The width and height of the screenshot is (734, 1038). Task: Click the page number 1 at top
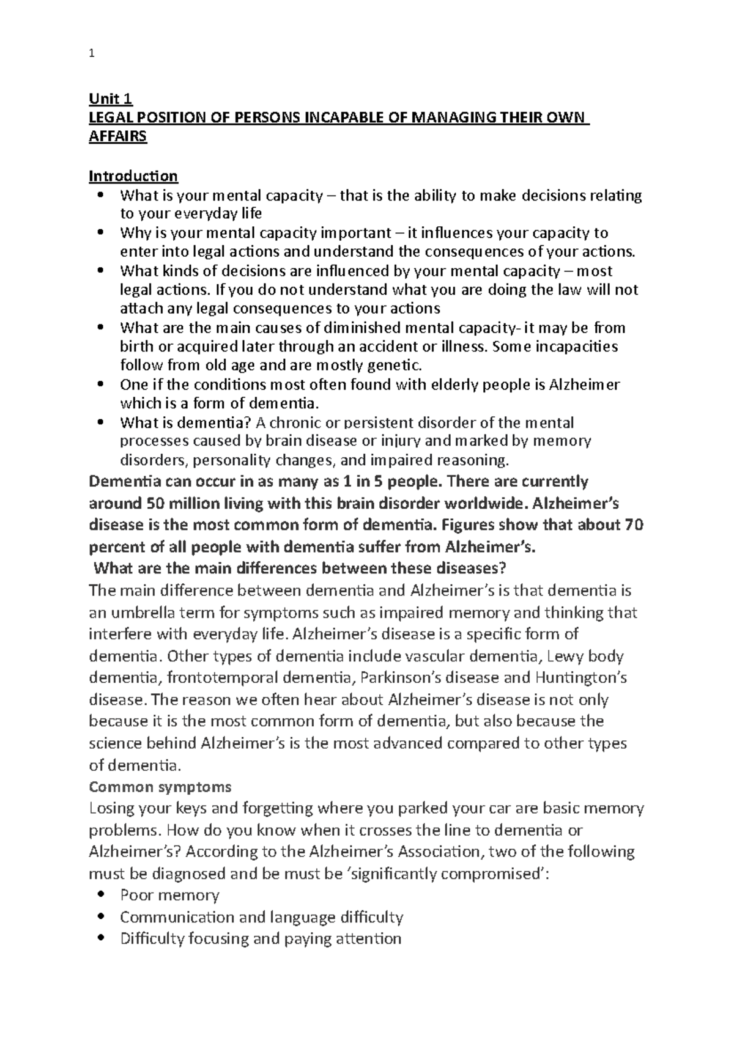[x=92, y=54]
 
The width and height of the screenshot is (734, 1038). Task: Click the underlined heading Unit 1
[x=111, y=98]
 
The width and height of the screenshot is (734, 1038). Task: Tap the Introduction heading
[x=133, y=176]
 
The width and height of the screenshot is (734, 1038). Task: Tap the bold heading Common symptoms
[x=160, y=786]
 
